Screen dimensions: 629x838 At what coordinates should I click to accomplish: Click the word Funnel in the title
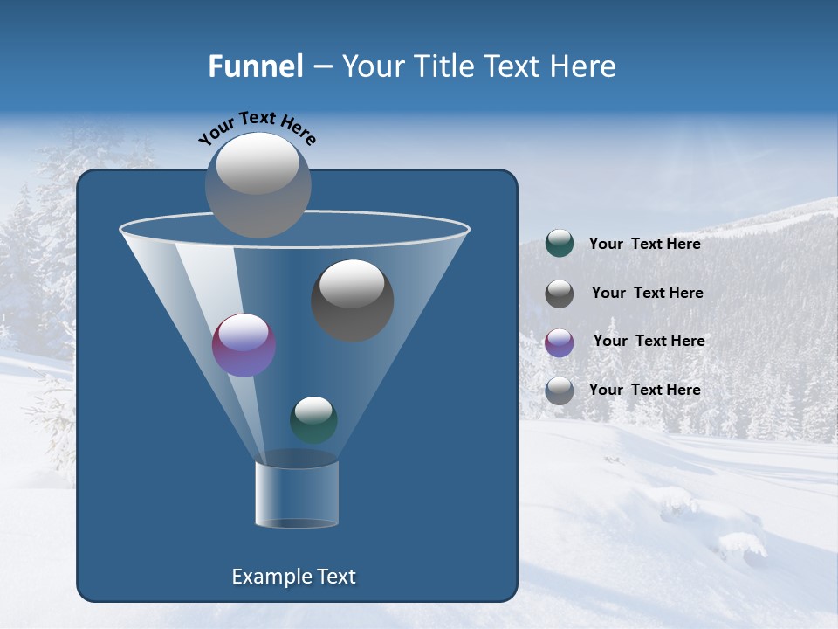255,66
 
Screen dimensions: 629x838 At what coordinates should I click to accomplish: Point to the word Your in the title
370,66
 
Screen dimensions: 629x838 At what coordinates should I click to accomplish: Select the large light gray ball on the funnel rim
258,184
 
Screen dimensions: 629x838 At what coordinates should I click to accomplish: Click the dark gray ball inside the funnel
352,300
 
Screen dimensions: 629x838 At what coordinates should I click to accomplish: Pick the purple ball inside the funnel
244,345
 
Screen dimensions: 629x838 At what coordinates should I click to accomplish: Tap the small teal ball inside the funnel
313,419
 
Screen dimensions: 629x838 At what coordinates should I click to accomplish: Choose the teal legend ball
560,244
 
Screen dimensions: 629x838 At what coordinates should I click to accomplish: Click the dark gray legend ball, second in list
560,294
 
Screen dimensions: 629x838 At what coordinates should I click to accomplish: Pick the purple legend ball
560,342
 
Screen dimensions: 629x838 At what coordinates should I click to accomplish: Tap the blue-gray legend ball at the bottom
560,391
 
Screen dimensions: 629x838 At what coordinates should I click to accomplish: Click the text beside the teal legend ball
644,244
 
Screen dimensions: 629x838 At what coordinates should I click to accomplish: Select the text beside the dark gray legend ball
647,293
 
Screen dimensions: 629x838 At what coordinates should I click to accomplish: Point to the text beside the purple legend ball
649,341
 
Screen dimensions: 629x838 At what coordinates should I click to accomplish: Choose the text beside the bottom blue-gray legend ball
644,390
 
